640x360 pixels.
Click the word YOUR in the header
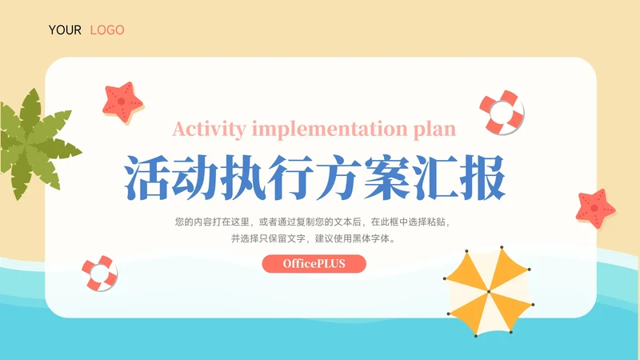(65, 30)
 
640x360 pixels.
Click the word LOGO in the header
(107, 30)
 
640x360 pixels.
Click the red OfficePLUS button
(314, 263)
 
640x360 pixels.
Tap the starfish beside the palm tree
(122, 101)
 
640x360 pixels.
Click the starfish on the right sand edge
(596, 207)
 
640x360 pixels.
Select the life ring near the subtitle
(502, 112)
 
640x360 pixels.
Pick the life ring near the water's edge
(100, 273)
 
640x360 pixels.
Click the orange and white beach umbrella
(486, 292)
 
